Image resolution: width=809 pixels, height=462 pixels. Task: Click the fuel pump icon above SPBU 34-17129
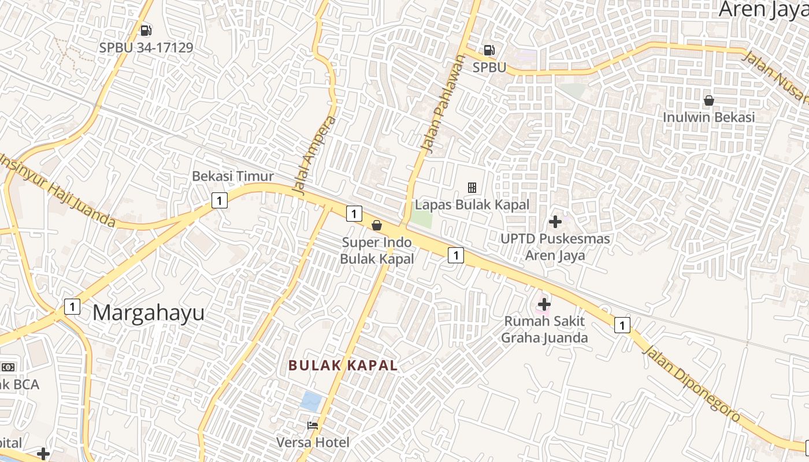(x=146, y=30)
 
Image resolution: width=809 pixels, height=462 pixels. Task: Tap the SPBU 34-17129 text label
(x=146, y=47)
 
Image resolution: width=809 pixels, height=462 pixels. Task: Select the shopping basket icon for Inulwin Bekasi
(x=709, y=100)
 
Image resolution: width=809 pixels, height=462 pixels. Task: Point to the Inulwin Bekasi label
(x=709, y=117)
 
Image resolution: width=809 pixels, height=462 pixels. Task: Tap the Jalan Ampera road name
(x=314, y=156)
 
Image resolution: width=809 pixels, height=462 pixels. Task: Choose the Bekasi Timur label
(x=233, y=176)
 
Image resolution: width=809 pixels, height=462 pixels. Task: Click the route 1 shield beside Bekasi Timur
(x=219, y=200)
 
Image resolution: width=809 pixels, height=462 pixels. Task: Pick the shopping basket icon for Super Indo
(x=377, y=225)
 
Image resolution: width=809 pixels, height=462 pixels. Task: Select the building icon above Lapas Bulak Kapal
(x=472, y=187)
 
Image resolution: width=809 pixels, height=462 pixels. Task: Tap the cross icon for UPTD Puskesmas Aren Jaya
(x=555, y=222)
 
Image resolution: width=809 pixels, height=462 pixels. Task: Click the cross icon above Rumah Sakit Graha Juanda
(x=544, y=304)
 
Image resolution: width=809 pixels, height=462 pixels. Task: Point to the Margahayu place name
(x=149, y=313)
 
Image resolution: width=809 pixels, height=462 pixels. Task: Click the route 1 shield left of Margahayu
(x=72, y=306)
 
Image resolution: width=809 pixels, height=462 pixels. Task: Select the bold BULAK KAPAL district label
(x=343, y=366)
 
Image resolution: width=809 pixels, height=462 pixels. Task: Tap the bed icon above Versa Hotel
(x=313, y=426)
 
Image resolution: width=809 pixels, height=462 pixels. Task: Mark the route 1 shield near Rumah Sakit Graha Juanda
(x=622, y=325)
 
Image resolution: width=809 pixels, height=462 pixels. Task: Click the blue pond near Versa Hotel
(x=311, y=401)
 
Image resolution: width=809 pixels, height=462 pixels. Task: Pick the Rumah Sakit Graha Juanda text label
(x=544, y=329)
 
